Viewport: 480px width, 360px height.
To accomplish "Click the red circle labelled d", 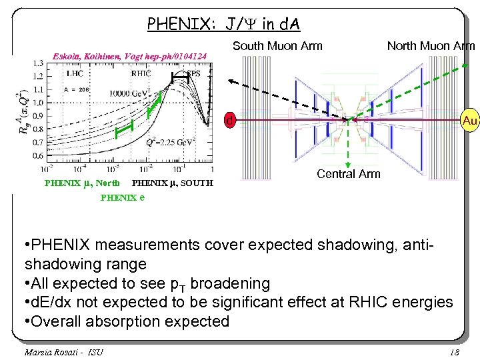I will pos(229,121).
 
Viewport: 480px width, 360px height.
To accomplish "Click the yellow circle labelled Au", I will pos(469,121).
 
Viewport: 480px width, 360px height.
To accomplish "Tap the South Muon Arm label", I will pos(277,46).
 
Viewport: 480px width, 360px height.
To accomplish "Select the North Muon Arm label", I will pos(431,46).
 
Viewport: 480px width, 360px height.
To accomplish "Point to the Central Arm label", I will pos(348,174).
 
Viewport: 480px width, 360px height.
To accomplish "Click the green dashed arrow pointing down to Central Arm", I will pos(347,147).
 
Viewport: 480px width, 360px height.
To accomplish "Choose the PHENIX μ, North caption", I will pos(82,183).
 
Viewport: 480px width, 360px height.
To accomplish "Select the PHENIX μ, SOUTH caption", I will pos(173,183).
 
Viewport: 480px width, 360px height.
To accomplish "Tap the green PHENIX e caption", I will pos(123,197).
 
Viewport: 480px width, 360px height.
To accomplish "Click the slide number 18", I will pos(455,351).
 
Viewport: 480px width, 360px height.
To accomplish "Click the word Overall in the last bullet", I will pos(59,321).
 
